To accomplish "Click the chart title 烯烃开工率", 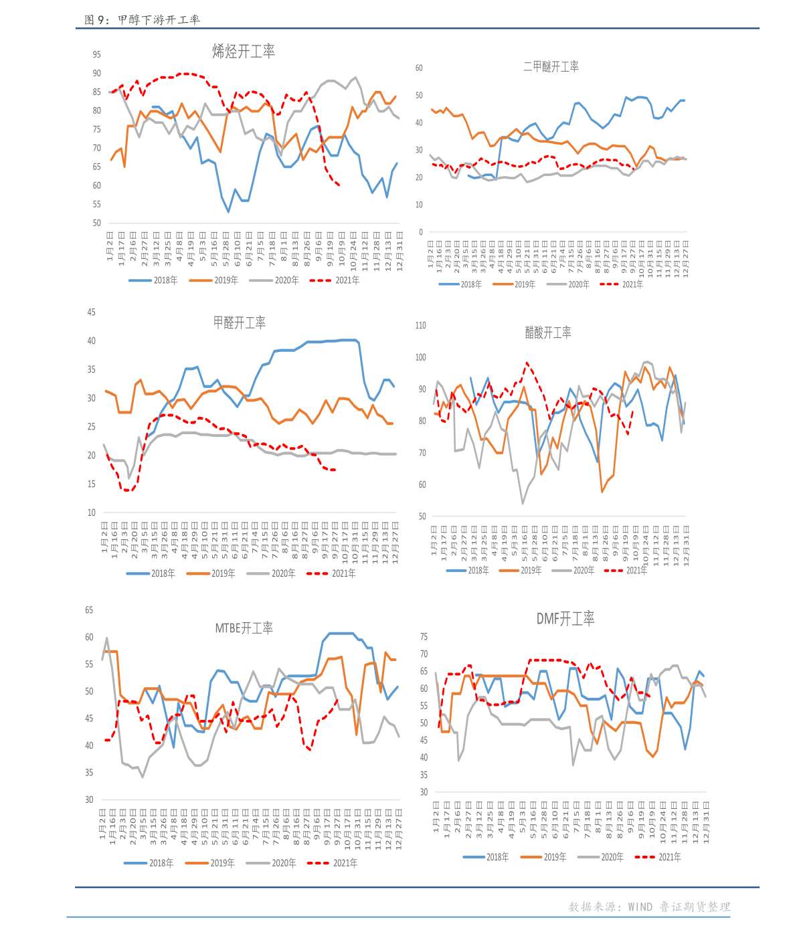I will tap(244, 52).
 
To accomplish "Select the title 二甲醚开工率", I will tap(551, 66).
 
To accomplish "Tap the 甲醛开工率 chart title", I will tap(240, 322).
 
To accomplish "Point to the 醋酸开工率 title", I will tap(548, 333).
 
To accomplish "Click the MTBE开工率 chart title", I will tap(244, 628).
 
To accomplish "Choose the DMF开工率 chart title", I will tap(565, 619).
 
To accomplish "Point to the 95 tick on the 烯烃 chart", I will tap(97, 55).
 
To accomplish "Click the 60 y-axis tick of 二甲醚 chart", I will tap(419, 68).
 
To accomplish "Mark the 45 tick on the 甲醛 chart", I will tap(92, 312).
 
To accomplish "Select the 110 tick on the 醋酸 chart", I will tap(420, 326).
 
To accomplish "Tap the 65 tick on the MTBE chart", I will tap(89, 610).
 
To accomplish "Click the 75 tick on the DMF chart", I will tap(424, 637).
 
